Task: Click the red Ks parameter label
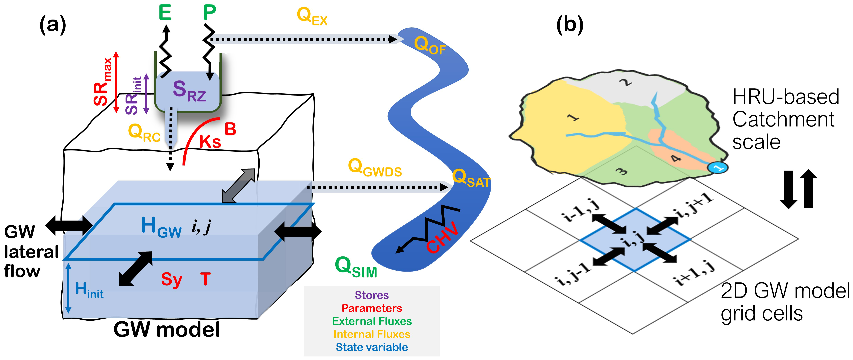coord(210,142)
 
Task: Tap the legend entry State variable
coord(371,347)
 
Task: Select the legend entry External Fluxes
coord(371,321)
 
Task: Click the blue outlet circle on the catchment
coord(717,168)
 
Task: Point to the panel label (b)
coord(569,25)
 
